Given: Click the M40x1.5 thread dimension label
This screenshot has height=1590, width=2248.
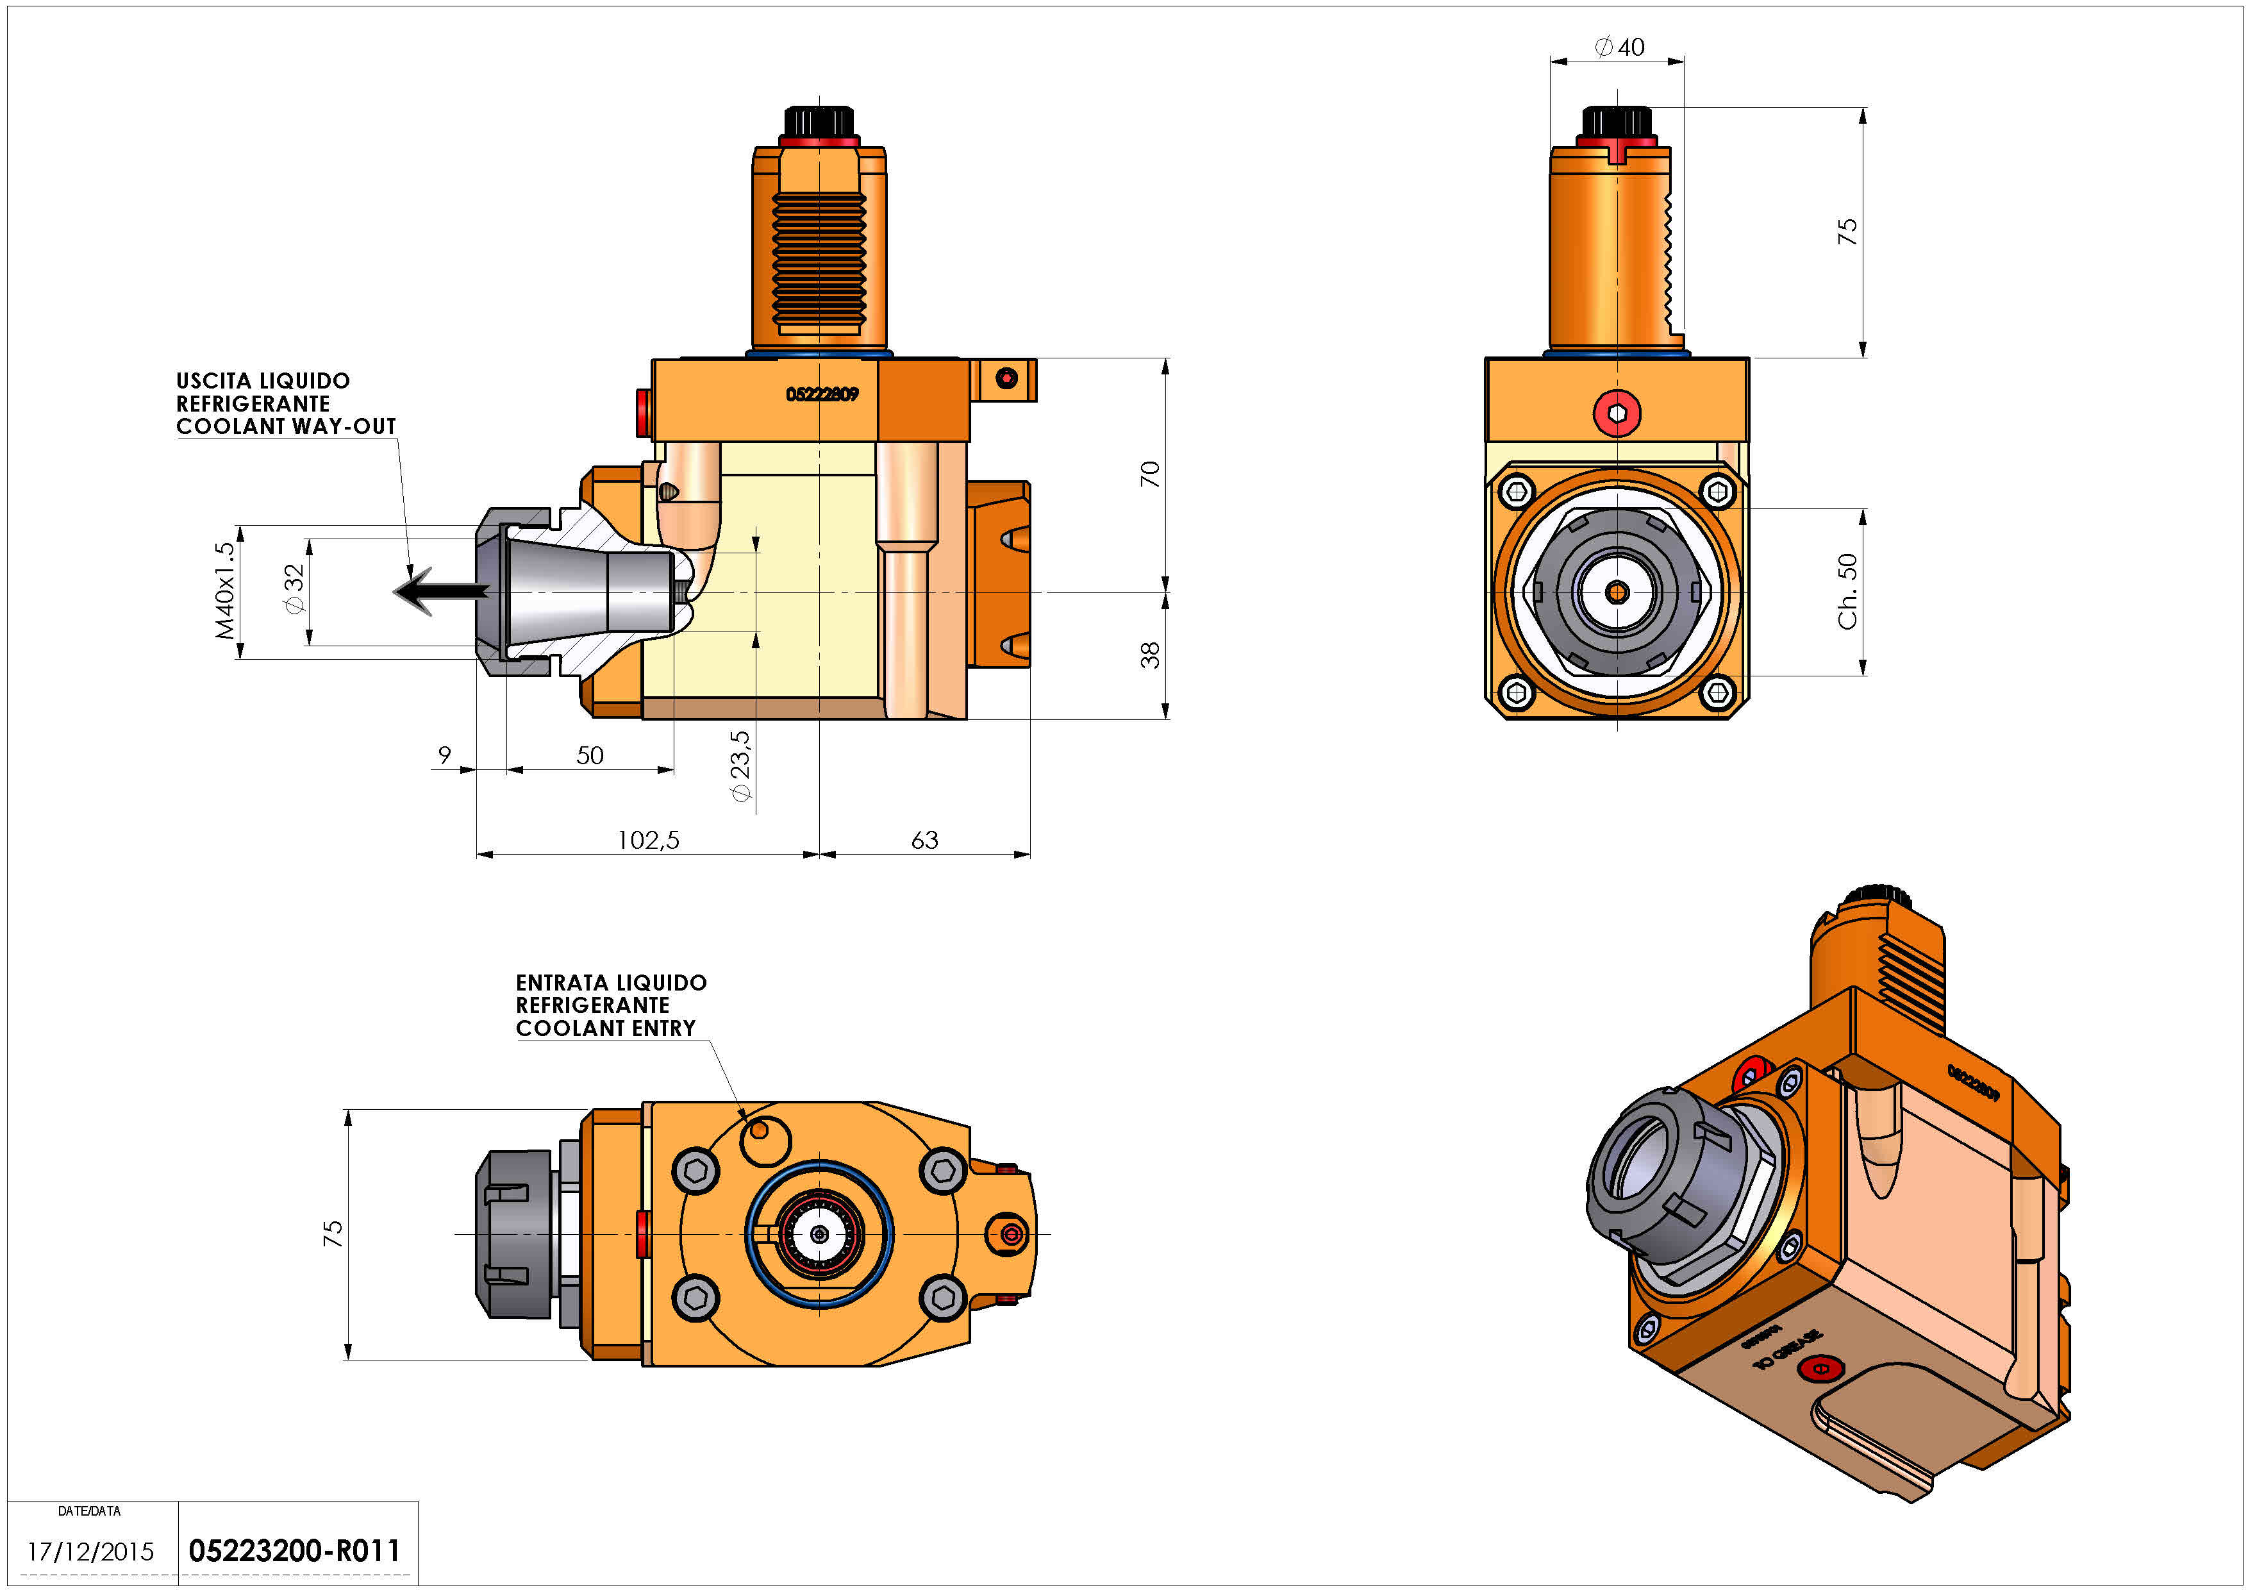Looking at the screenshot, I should [225, 591].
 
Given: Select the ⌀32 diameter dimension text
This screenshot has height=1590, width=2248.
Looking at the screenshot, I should [294, 589].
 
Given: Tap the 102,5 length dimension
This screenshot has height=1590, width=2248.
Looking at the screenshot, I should [647, 840].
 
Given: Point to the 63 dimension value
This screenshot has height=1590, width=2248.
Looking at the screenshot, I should [924, 840].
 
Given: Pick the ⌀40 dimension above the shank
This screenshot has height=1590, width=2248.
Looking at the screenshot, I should [1619, 47].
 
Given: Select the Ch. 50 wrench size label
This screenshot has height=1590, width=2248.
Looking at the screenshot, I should [1847, 591].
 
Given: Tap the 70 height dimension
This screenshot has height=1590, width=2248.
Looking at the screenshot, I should [1149, 475].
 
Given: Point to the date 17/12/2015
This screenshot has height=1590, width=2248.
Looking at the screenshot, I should [90, 1552].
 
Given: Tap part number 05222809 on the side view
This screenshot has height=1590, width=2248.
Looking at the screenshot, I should [822, 394].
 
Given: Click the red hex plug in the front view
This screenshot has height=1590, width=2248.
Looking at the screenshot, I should [1617, 413].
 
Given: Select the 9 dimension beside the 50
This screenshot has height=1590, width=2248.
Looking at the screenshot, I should [444, 755].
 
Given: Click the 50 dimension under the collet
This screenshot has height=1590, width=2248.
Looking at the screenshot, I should [590, 755].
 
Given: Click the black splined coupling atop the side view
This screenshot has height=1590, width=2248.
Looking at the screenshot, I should [819, 122].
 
